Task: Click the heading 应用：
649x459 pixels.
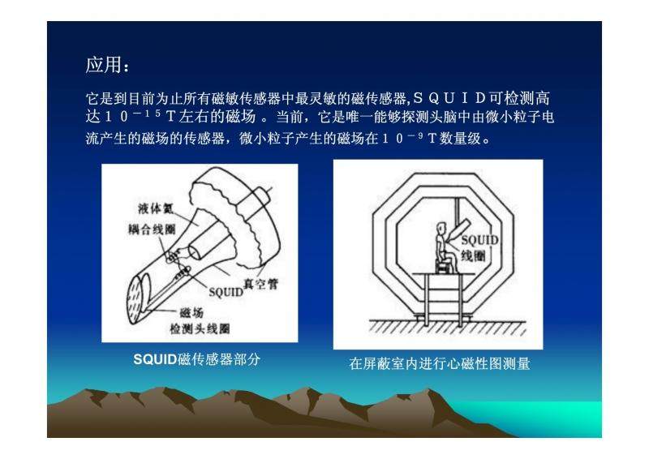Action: click(108, 66)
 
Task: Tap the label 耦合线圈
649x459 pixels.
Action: click(152, 229)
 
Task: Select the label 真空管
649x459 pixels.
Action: click(260, 284)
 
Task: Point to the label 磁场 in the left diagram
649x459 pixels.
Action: click(192, 312)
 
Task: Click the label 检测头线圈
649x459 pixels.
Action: click(200, 329)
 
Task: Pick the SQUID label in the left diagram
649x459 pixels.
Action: click(226, 292)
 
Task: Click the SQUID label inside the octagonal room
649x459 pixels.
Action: click(479, 241)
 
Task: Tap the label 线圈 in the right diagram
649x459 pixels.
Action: click(473, 256)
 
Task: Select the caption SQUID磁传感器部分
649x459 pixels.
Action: click(196, 359)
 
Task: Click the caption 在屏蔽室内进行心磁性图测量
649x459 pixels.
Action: click(440, 364)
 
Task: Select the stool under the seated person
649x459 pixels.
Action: click(445, 266)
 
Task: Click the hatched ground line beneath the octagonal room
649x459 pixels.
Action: click(448, 326)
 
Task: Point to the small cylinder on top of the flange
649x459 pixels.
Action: click(260, 198)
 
